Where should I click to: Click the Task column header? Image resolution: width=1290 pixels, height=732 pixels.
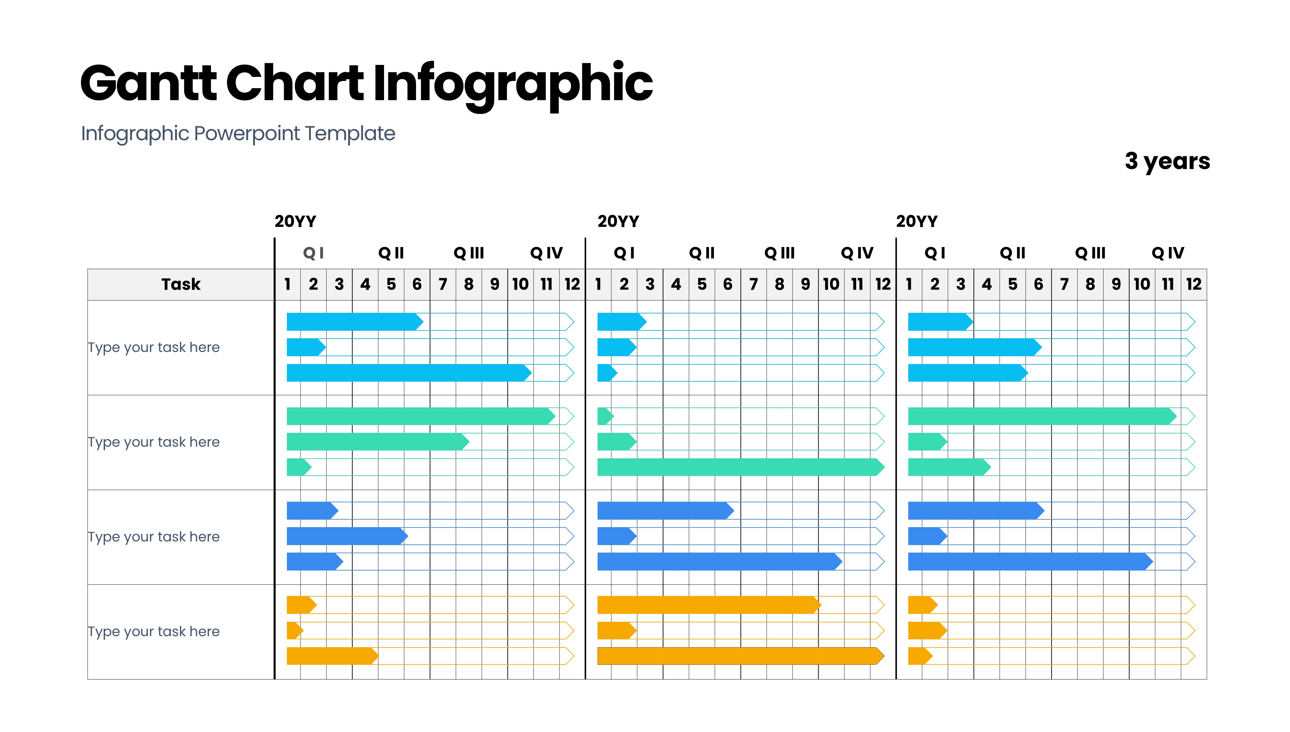pyautogui.click(x=181, y=284)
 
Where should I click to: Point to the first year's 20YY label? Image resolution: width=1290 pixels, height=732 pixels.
pyautogui.click(x=295, y=221)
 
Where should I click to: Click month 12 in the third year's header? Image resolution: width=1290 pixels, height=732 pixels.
pyautogui.click(x=1194, y=284)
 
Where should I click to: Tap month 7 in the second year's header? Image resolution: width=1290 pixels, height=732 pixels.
pyautogui.click(x=753, y=284)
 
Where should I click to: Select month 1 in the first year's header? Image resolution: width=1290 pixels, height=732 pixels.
pyautogui.click(x=287, y=284)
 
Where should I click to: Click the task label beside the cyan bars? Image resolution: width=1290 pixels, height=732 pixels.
pyautogui.click(x=154, y=347)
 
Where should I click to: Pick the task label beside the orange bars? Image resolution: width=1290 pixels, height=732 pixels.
pyautogui.click(x=154, y=632)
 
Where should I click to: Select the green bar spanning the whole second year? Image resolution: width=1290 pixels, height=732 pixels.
pyautogui.click(x=738, y=467)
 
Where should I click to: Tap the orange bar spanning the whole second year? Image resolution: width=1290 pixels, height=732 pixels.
pyautogui.click(x=738, y=656)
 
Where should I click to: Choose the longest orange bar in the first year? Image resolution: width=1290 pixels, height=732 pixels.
pyautogui.click(x=332, y=656)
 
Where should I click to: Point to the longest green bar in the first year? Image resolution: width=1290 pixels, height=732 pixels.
pyautogui.click(x=420, y=416)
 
